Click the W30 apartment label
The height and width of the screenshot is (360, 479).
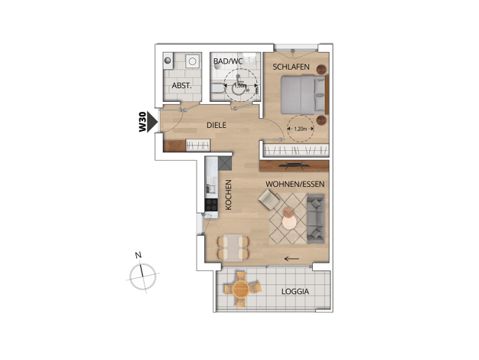(142, 122)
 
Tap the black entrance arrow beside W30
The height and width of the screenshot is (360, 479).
(152, 122)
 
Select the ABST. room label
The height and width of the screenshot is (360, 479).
(182, 86)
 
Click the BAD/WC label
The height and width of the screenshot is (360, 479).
(227, 61)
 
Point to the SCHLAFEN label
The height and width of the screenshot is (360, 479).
(291, 67)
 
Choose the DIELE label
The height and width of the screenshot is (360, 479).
(217, 125)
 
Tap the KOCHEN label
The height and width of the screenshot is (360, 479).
(229, 195)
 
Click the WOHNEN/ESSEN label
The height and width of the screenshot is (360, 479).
(295, 184)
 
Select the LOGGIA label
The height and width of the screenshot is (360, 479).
(295, 292)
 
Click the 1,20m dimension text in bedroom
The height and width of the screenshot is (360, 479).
(300, 129)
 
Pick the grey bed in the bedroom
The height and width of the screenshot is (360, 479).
(305, 95)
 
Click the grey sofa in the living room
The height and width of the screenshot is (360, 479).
(315, 219)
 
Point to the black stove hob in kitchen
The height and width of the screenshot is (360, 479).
(211, 205)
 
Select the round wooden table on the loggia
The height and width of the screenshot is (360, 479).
(241, 289)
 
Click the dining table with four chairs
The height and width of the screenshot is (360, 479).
(233, 247)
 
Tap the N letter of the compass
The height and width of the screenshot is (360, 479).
(138, 255)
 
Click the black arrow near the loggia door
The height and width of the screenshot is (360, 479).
(292, 259)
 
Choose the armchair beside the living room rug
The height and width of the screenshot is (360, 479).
(269, 200)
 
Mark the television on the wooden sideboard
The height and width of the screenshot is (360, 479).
(294, 165)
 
